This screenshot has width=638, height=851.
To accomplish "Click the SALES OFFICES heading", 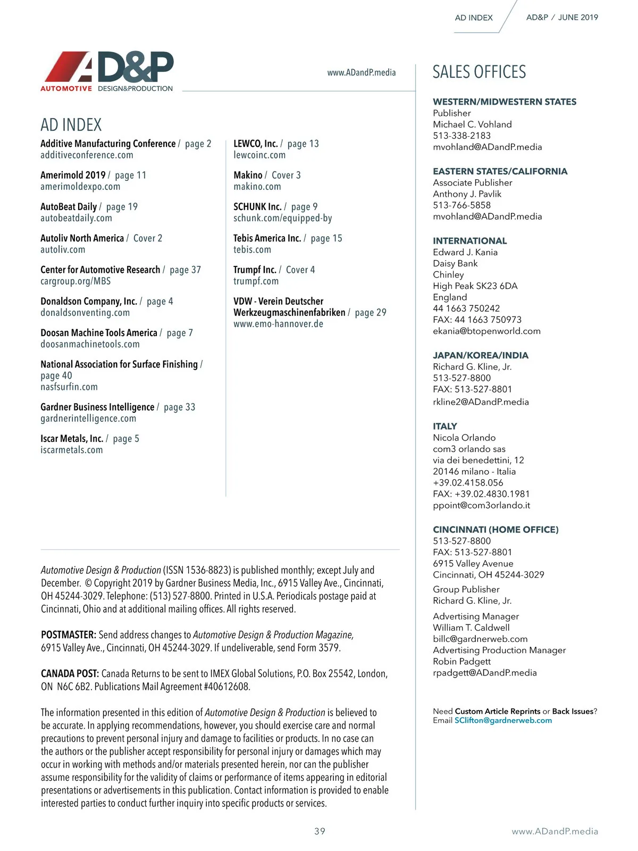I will tap(479, 72).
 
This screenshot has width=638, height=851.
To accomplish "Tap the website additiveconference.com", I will tap(87, 155).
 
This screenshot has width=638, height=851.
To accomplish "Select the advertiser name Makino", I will tap(248, 175).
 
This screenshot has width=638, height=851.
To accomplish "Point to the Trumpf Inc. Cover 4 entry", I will tap(274, 270).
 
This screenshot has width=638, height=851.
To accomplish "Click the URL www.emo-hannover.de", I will tap(278, 324).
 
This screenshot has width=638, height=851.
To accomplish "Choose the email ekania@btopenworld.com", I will tap(486, 331).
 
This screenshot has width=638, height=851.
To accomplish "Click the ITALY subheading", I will tap(445, 426).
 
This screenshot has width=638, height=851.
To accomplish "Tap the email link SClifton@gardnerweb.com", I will tap(503, 721).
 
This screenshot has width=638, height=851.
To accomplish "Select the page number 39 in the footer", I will tap(320, 831).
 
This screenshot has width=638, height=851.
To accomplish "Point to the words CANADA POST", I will tap(70, 673).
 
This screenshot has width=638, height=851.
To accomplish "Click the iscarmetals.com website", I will tap(72, 450).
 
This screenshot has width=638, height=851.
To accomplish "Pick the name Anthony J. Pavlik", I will tap(467, 194).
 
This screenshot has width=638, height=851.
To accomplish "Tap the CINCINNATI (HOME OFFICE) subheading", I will tap(496, 529).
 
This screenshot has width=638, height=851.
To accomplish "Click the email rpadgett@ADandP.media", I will tap(485, 673).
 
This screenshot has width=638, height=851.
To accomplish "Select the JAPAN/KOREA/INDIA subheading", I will tap(481, 355).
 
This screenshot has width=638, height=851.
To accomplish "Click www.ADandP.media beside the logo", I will tap(362, 72).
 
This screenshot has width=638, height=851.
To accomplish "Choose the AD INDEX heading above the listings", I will tap(71, 125).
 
